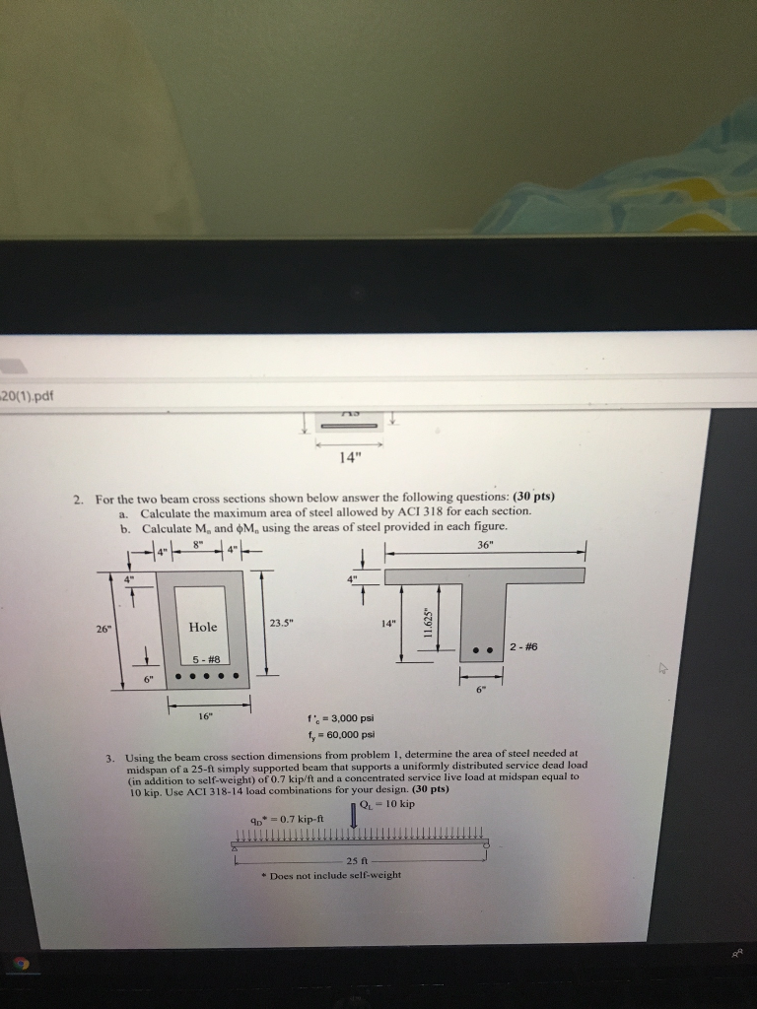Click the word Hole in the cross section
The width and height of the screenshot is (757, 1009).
(x=203, y=627)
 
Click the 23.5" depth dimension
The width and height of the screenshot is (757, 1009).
(x=281, y=621)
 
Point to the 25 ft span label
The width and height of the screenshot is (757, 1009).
(x=358, y=860)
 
